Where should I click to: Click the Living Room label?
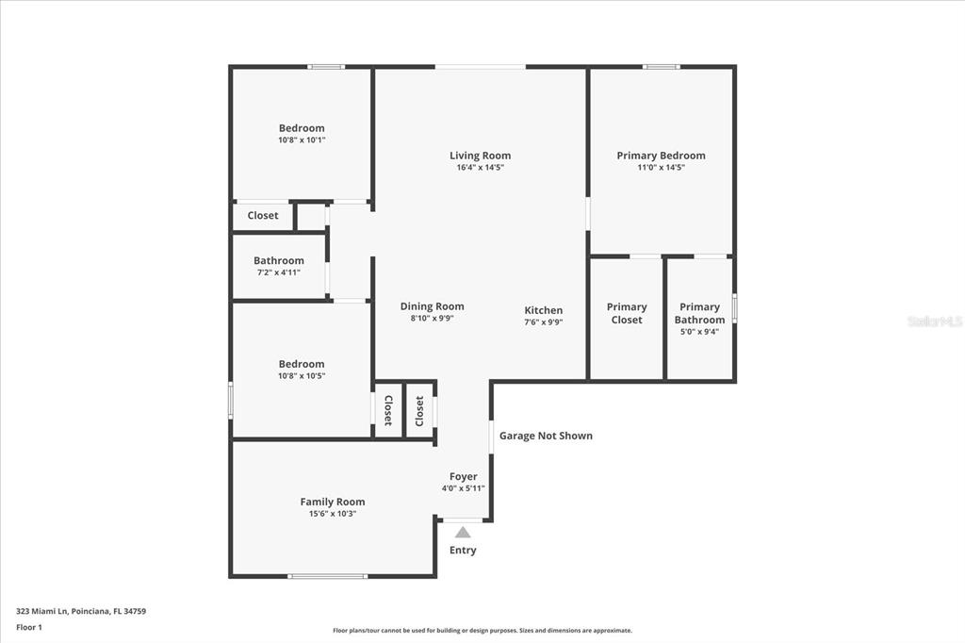[480, 156]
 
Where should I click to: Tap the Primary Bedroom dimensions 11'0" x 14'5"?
[661, 167]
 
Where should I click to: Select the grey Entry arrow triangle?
[463, 532]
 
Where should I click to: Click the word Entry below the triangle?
[463, 550]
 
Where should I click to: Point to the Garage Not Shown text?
[546, 436]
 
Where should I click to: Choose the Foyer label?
[464, 477]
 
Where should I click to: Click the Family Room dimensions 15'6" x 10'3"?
[333, 514]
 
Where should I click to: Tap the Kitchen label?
[544, 310]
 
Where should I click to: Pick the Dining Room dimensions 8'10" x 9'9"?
[432, 319]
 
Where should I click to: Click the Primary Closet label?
[627, 313]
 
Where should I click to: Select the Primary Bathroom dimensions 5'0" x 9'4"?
[699, 331]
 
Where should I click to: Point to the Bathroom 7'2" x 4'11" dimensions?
[279, 272]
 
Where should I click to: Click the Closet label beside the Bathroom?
[263, 216]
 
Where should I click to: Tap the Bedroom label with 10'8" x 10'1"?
[302, 128]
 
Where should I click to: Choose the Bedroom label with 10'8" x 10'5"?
[302, 364]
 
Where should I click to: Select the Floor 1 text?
[29, 628]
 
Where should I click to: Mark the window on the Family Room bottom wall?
[327, 576]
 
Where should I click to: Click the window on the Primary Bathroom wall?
[734, 308]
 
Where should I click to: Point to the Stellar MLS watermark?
[935, 321]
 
